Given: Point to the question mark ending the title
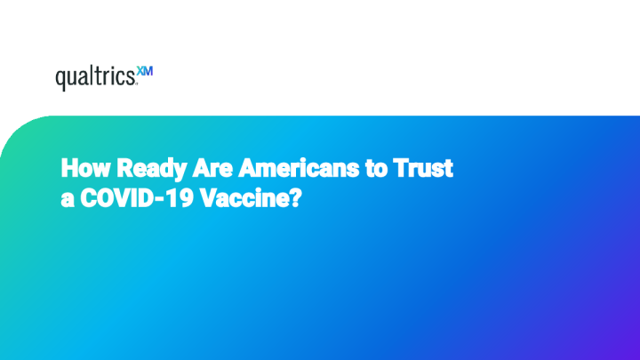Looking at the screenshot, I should click(294, 200).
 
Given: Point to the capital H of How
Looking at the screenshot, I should click(68, 166).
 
